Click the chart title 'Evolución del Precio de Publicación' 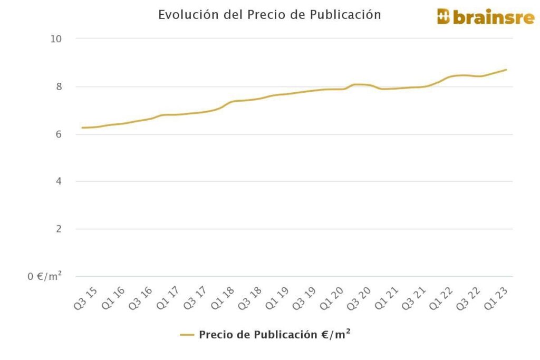[x=269, y=15]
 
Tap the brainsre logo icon [x=443, y=16]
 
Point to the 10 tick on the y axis [x=56, y=38]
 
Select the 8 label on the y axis [x=59, y=86]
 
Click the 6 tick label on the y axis [x=59, y=134]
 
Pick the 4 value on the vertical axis [x=59, y=181]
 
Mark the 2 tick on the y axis [x=59, y=229]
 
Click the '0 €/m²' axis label [x=45, y=276]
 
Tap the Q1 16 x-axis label [x=113, y=298]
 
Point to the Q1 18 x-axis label [x=222, y=298]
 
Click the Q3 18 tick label [x=250, y=298]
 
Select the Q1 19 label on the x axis [x=277, y=298]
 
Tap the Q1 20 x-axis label [x=332, y=298]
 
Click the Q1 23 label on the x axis [x=496, y=298]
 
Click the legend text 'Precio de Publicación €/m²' [x=274, y=335]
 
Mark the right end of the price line [x=506, y=70]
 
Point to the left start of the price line [x=83, y=128]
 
